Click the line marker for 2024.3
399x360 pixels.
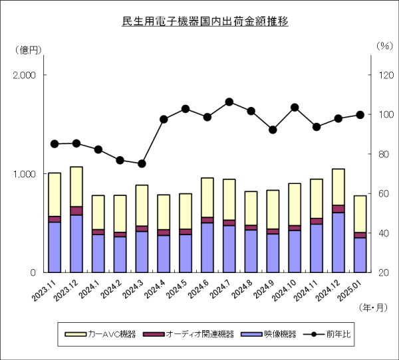pyautogui.click(x=142, y=163)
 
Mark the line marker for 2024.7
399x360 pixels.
pyautogui.click(x=229, y=102)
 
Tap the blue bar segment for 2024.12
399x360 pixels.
pyautogui.click(x=338, y=242)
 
